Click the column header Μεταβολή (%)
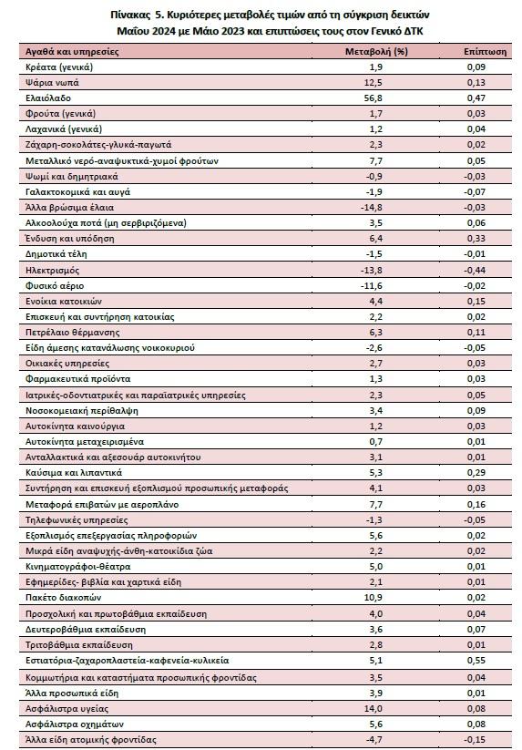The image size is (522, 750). pyautogui.click(x=376, y=52)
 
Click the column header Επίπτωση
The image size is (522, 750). pyautogui.click(x=485, y=52)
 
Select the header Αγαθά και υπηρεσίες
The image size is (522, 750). pyautogui.click(x=72, y=52)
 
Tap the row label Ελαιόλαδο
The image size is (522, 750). pyautogui.click(x=47, y=98)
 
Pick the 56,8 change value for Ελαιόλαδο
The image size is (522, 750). pyautogui.click(x=375, y=98)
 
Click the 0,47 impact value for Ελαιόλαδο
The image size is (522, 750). pyautogui.click(x=476, y=98)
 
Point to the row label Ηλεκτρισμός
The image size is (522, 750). pyautogui.click(x=52, y=271)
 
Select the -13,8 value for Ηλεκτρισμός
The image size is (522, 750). pyautogui.click(x=372, y=271)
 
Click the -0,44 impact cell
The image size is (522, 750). pyautogui.click(x=475, y=271)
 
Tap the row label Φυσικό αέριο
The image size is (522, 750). pyautogui.click(x=55, y=285)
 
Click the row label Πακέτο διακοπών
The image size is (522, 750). pyautogui.click(x=63, y=598)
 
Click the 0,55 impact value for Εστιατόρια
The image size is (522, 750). pyautogui.click(x=476, y=661)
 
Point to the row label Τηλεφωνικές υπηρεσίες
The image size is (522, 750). pyautogui.click(x=77, y=520)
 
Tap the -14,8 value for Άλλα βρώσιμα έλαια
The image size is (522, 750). pyautogui.click(x=372, y=208)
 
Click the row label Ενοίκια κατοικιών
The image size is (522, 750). pyautogui.click(x=64, y=302)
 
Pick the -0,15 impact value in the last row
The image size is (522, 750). pyautogui.click(x=475, y=739)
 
